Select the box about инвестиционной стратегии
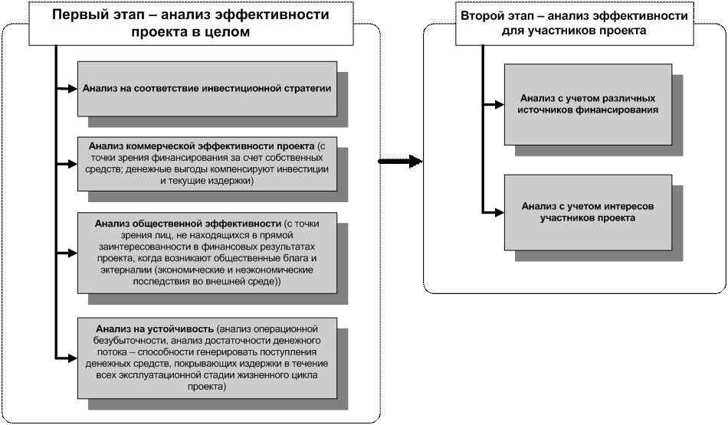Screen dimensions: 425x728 207,88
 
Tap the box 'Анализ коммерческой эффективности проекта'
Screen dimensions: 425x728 207,163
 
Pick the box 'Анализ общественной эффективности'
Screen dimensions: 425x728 207,252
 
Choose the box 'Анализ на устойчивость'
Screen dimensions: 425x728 207,356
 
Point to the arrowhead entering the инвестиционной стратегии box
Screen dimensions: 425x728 72,88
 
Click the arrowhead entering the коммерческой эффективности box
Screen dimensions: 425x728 72,163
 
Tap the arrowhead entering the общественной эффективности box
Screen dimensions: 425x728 72,252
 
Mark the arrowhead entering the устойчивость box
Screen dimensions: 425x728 72,356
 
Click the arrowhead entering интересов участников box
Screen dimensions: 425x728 498,211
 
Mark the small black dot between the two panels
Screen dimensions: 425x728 379,162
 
